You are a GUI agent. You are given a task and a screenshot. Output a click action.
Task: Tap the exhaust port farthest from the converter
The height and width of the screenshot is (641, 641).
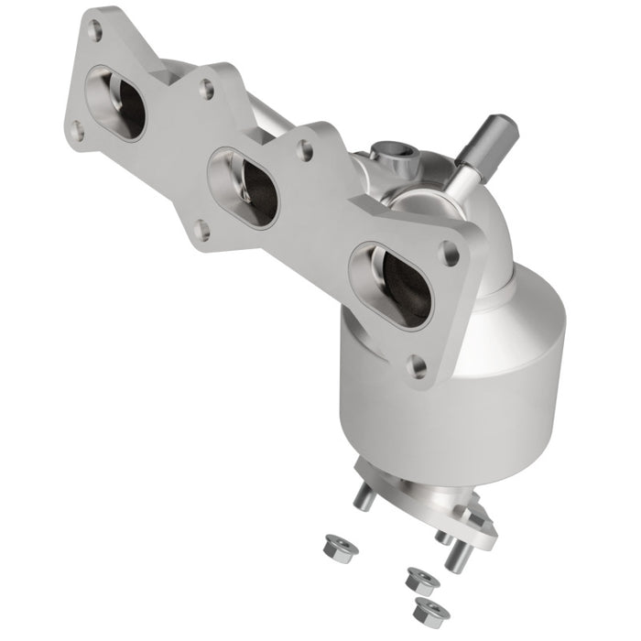click(x=116, y=103)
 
